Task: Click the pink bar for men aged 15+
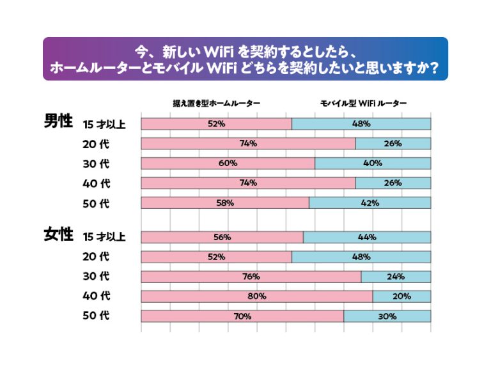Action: click(x=216, y=124)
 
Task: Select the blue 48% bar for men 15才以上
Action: click(x=361, y=124)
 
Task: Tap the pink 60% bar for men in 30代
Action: click(x=228, y=163)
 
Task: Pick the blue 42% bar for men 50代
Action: click(x=370, y=203)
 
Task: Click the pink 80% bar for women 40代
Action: click(x=256, y=296)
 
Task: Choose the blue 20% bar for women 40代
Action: click(x=401, y=296)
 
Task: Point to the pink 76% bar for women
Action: click(x=251, y=277)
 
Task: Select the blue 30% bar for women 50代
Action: click(x=387, y=316)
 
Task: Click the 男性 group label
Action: click(x=58, y=121)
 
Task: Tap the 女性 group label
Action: click(x=58, y=234)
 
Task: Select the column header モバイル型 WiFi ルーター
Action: click(x=364, y=103)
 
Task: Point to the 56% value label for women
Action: click(x=222, y=238)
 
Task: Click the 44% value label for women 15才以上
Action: click(x=367, y=238)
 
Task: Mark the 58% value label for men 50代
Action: click(x=225, y=203)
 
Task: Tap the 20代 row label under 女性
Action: click(x=96, y=257)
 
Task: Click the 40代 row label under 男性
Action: click(x=96, y=183)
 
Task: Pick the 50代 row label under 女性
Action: click(x=96, y=316)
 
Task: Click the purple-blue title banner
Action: click(x=245, y=59)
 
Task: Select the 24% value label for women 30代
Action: click(x=396, y=277)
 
